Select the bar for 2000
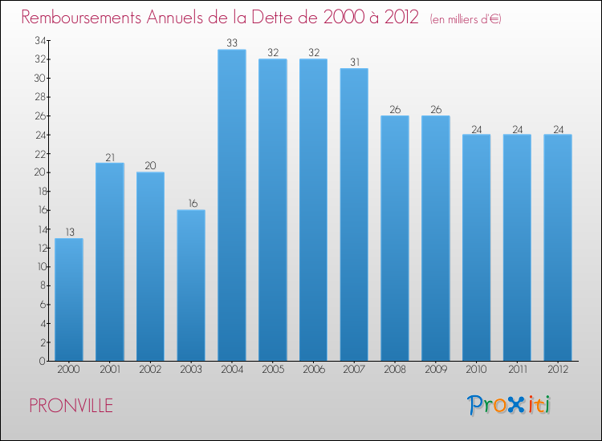coord(69,299)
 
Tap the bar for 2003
coord(191,285)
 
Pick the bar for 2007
coord(354,214)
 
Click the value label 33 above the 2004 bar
coord(232,43)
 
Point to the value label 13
coord(69,232)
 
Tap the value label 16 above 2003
coord(191,204)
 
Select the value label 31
coord(354,62)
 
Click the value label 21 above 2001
coord(110,156)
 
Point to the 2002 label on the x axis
coord(150,370)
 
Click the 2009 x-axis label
coord(436,370)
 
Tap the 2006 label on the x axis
coord(313,370)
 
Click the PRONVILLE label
coord(71,406)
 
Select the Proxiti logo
coord(509,405)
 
